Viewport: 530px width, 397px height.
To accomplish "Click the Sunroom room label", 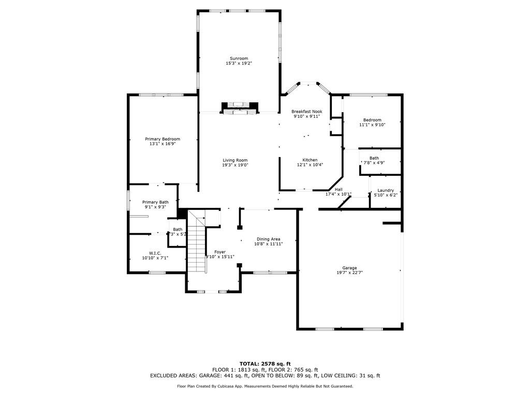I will click(x=239, y=58).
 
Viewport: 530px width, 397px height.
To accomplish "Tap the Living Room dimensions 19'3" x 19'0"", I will click(x=235, y=165).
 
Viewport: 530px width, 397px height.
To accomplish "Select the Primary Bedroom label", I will click(x=163, y=139).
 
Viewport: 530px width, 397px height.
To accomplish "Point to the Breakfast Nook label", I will click(x=306, y=112).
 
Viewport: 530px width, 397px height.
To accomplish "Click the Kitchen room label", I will click(x=310, y=160).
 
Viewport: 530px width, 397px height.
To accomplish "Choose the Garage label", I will click(x=349, y=268).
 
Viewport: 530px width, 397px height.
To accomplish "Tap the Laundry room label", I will click(x=386, y=190).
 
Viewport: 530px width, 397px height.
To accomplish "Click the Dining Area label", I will click(x=269, y=239).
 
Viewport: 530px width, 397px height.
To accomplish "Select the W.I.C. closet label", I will click(x=155, y=253).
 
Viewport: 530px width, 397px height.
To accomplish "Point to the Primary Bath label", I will click(x=155, y=202).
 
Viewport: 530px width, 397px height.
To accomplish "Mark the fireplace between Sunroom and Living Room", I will click(x=239, y=108).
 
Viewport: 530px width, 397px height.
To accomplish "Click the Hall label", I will click(x=338, y=189).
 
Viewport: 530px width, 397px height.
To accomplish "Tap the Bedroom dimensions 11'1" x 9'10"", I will click(x=372, y=125).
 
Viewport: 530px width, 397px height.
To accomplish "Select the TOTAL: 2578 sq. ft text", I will click(x=265, y=363).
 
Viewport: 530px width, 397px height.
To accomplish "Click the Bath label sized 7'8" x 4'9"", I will click(x=374, y=158).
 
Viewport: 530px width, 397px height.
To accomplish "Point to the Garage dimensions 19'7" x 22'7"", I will click(x=349, y=272).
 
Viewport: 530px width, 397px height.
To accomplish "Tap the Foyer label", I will click(x=220, y=252).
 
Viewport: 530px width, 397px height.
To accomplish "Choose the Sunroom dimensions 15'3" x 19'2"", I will click(x=239, y=63).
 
